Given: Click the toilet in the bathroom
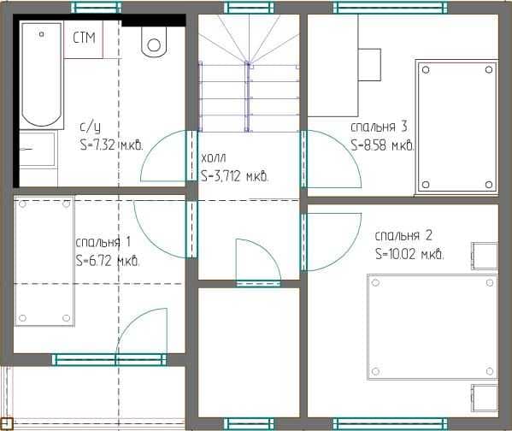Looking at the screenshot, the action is [x=154, y=42].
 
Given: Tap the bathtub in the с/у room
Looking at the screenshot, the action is [x=42, y=74].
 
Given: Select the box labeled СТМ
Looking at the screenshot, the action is [x=84, y=39].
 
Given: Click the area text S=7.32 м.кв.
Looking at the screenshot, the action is [x=112, y=145].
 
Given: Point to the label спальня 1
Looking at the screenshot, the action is [x=103, y=242].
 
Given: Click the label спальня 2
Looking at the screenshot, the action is [x=403, y=235].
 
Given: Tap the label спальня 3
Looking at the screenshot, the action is [x=380, y=127].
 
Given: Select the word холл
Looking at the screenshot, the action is [x=213, y=158].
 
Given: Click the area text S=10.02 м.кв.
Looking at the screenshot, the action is [x=409, y=254].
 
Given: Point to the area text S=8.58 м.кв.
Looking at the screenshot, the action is [x=382, y=145].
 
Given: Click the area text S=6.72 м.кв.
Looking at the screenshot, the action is [x=108, y=261].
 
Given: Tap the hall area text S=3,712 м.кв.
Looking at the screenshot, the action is [x=235, y=176].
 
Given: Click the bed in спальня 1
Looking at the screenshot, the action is [x=44, y=261].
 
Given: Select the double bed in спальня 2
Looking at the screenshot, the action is [x=433, y=327].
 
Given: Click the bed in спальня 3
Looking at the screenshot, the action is [x=456, y=127].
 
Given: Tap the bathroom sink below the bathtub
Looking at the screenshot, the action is [x=38, y=149].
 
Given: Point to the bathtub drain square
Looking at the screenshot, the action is [x=42, y=33].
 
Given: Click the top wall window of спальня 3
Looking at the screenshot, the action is [x=391, y=7].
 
